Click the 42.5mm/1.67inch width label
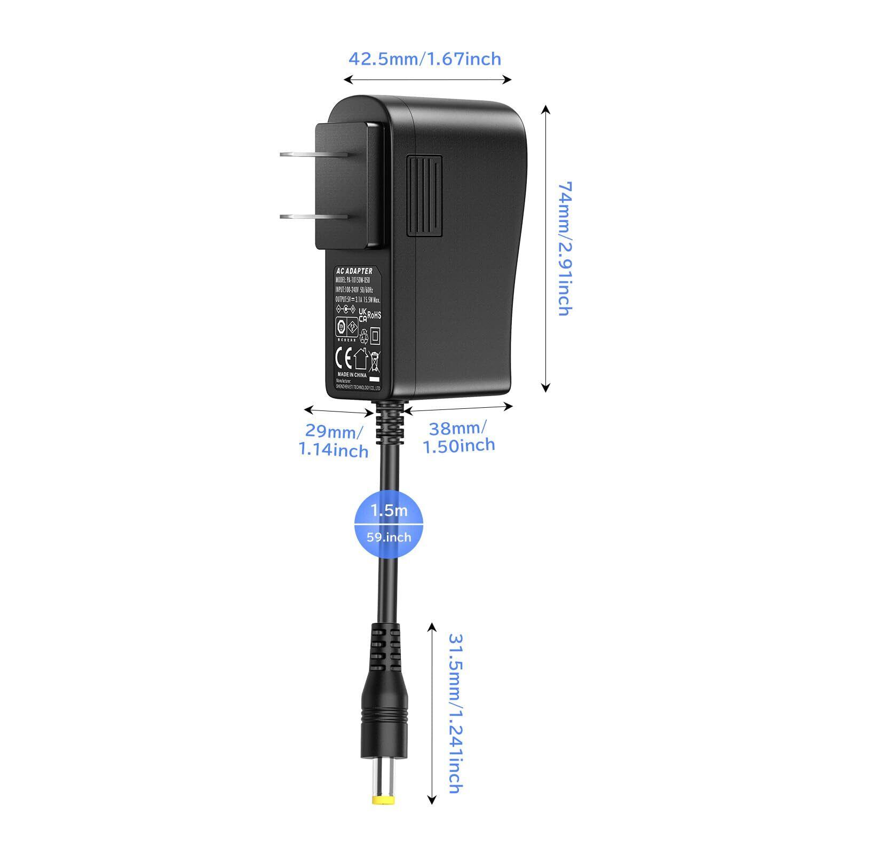point(425,58)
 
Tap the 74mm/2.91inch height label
point(565,248)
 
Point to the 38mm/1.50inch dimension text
point(459,437)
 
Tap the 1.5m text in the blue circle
point(389,511)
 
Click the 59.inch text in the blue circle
point(389,536)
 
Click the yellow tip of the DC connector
point(382,801)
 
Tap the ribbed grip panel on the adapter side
point(425,196)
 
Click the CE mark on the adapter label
point(343,356)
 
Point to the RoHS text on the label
point(375,315)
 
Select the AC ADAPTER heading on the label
point(354,272)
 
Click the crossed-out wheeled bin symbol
point(375,360)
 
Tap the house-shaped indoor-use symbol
point(360,358)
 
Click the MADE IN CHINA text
point(352,375)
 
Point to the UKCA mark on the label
point(362,315)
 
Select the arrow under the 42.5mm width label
point(427,80)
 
